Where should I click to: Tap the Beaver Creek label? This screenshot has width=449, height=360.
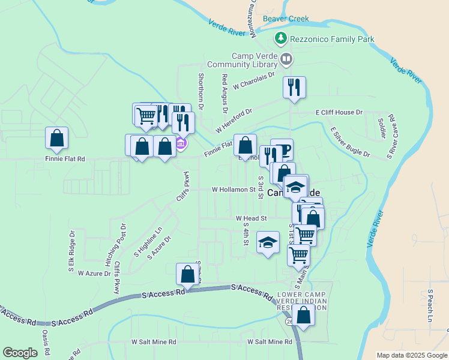click(286, 19)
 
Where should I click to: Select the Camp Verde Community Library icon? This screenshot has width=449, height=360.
click(286, 59)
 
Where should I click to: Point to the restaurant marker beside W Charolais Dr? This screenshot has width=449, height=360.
click(294, 88)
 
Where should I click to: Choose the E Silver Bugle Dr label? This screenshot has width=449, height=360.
click(350, 142)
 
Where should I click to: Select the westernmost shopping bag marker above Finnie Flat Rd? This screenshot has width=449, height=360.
click(56, 138)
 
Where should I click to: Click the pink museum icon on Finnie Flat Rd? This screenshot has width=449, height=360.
click(181, 144)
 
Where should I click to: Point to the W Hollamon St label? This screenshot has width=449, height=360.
click(234, 189)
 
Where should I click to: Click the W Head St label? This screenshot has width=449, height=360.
click(251, 218)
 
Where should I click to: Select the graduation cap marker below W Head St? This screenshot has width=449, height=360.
click(268, 242)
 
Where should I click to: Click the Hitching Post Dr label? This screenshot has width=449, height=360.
click(116, 245)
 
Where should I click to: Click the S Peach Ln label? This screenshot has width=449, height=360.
click(430, 306)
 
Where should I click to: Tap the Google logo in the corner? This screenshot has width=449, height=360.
click(20, 353)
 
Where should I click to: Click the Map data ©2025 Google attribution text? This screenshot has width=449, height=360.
click(411, 355)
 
